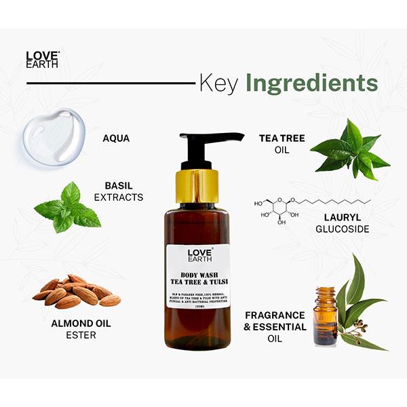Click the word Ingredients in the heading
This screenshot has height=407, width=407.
[311, 83]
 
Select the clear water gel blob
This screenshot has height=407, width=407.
[54, 136]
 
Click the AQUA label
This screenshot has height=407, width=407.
[116, 138]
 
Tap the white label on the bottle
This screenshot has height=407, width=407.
[201, 278]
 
